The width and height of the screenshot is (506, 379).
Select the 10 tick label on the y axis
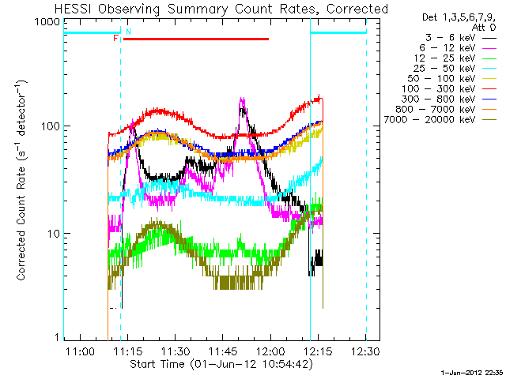[51, 234]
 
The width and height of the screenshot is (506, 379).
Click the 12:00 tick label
[270, 350]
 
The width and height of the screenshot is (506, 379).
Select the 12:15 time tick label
[319, 350]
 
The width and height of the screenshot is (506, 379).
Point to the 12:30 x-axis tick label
[366, 350]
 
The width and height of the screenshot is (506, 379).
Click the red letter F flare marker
[115, 38]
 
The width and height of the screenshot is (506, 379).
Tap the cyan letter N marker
[128, 31]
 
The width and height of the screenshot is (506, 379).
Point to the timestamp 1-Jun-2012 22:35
[472, 370]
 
